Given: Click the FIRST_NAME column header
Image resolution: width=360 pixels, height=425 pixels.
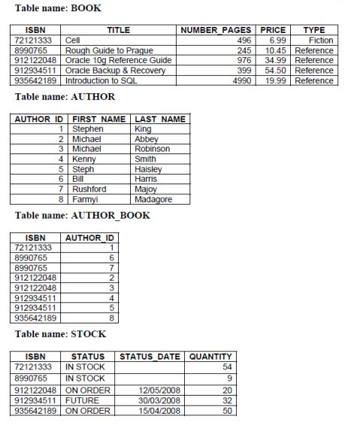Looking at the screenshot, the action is point(98,119).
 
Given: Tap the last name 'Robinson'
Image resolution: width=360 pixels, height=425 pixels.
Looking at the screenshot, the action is point(152,149).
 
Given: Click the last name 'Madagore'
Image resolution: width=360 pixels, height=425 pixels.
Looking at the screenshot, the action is point(153,199).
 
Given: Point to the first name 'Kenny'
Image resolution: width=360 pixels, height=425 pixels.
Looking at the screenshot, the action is point(83,159).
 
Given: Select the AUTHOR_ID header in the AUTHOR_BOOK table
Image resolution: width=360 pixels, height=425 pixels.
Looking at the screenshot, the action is point(89,237).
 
